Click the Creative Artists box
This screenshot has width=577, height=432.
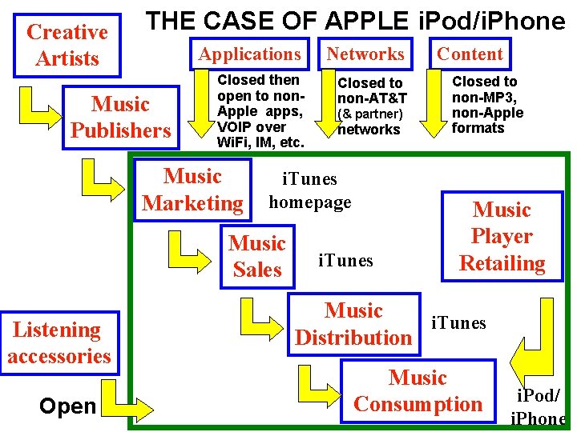[x=67, y=45]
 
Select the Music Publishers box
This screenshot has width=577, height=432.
[x=120, y=117]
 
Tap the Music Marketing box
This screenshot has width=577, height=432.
[x=192, y=190]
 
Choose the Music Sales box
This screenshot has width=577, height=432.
[x=256, y=256]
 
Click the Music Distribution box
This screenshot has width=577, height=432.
[x=353, y=324]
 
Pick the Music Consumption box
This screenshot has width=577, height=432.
[x=418, y=390]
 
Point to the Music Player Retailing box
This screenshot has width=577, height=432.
[x=502, y=237]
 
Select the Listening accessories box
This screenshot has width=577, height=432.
[x=59, y=342]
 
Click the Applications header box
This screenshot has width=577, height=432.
[x=249, y=54]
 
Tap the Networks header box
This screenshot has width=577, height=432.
[x=365, y=54]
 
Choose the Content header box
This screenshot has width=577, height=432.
[x=470, y=54]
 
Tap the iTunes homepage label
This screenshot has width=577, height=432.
[x=309, y=190]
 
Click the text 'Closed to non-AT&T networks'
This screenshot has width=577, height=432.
[x=372, y=106]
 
